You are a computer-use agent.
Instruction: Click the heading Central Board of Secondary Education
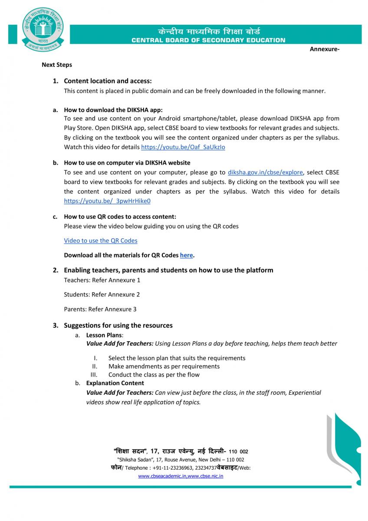[208, 40]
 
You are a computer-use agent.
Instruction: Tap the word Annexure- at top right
[324, 49]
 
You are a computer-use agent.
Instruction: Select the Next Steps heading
[57, 65]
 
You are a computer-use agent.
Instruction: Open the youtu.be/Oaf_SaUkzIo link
[183, 147]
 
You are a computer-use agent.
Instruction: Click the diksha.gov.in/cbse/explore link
[265, 172]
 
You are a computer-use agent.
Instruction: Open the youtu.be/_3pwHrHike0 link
[107, 201]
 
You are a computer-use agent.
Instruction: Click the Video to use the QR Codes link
[101, 241]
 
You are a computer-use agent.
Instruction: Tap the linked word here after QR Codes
[186, 255]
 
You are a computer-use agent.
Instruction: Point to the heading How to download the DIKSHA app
[113, 110]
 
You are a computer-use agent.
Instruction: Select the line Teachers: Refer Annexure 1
[102, 280]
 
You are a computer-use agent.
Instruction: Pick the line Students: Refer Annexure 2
[102, 294]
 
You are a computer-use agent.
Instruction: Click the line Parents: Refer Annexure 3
[100, 309]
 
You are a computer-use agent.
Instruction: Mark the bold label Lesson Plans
[104, 335]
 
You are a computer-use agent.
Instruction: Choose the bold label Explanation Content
[115, 383]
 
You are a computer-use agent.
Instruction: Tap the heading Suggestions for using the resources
[118, 325]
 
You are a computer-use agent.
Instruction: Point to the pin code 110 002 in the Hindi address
[238, 452]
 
